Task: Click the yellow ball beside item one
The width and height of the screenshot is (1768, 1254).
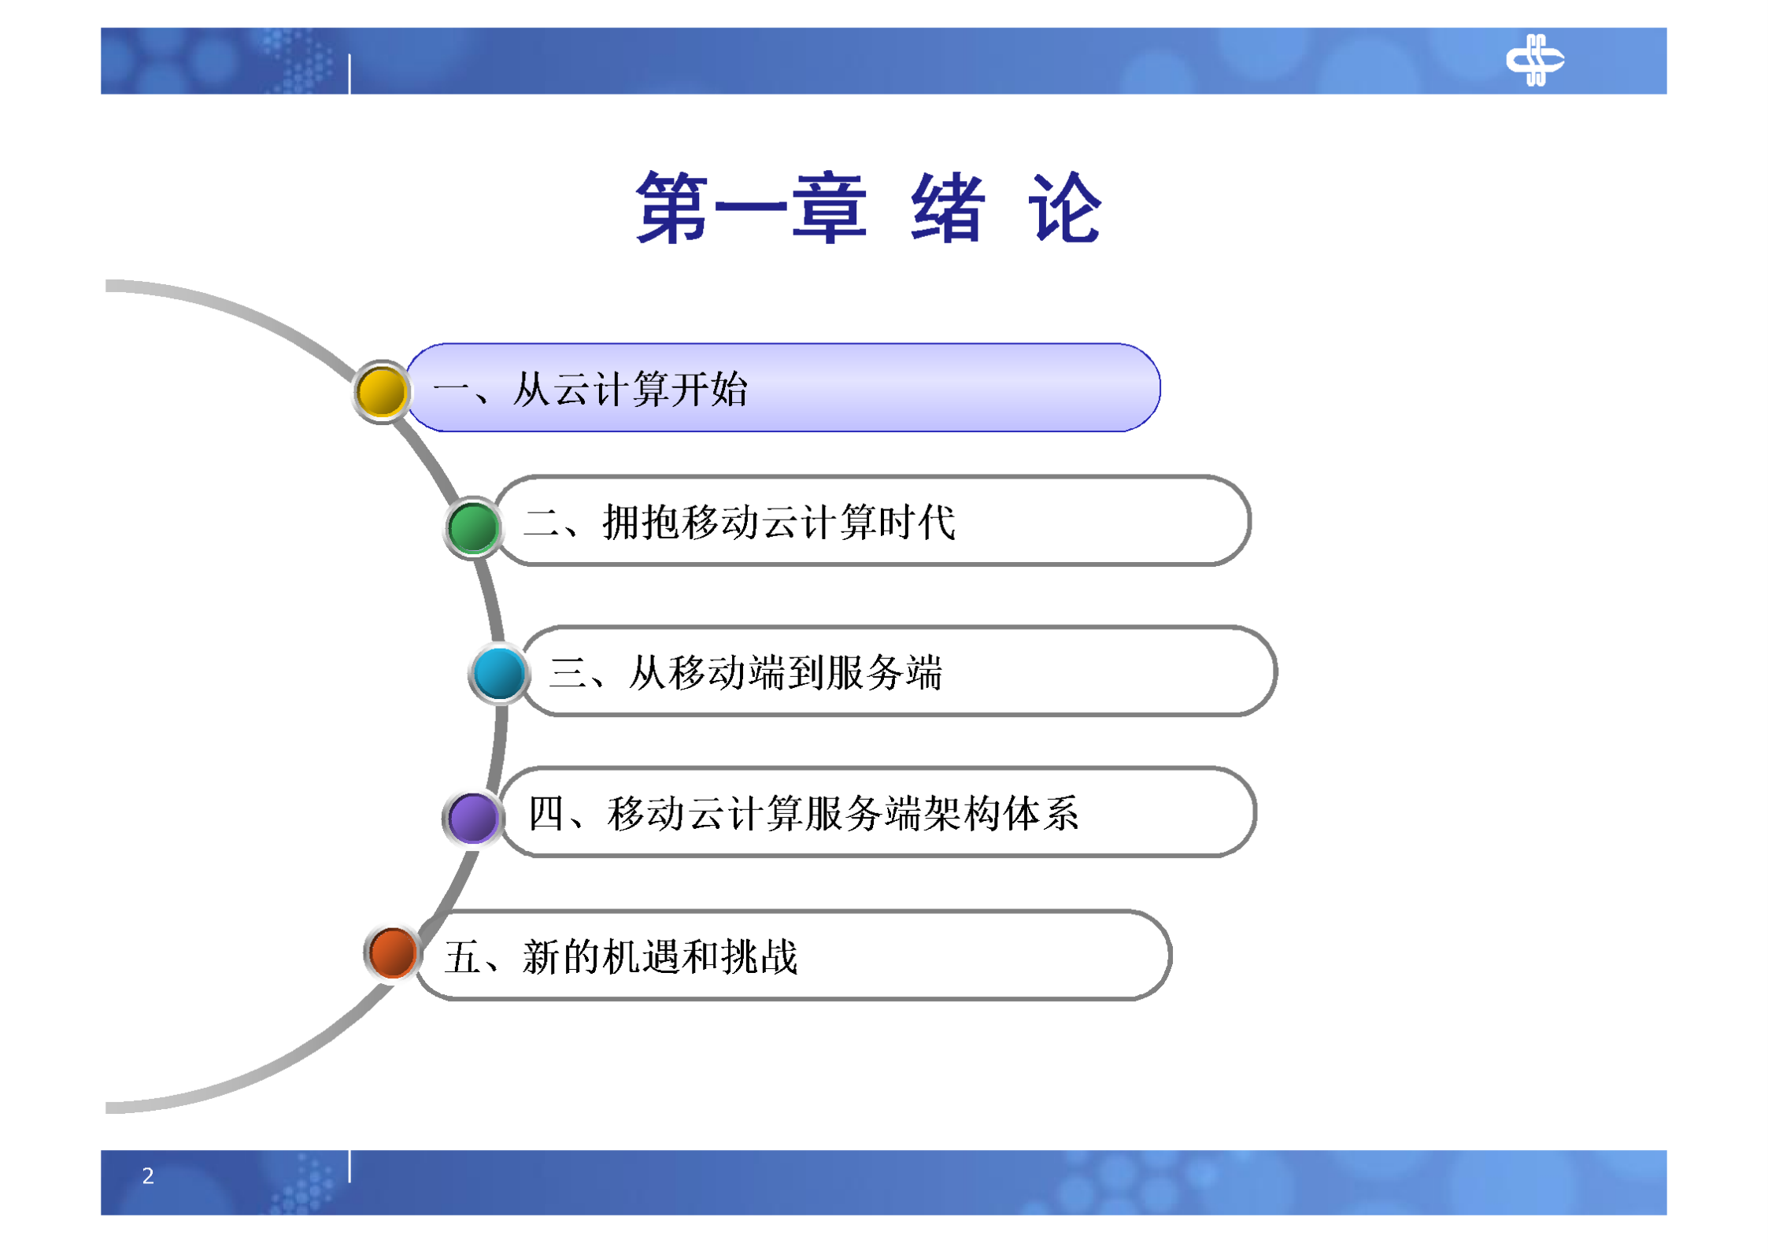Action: (x=382, y=391)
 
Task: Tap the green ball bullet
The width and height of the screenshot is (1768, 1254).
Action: (x=473, y=527)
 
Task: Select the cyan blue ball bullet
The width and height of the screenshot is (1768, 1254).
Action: (x=499, y=673)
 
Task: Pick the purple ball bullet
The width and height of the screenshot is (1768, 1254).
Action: (x=472, y=817)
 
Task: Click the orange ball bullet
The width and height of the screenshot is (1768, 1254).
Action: (x=392, y=953)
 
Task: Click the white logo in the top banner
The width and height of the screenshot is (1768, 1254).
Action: (x=1534, y=60)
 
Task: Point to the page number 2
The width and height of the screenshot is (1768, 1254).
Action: (x=148, y=1175)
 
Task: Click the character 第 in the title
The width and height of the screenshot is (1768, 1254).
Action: (x=671, y=209)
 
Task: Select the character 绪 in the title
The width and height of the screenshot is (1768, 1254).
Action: (x=948, y=209)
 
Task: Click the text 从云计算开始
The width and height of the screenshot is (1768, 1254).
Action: (x=630, y=389)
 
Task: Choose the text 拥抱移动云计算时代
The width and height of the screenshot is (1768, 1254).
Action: (x=779, y=522)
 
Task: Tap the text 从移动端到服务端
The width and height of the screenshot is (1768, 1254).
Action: (x=785, y=672)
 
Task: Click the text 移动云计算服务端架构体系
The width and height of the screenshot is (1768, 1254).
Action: (x=842, y=813)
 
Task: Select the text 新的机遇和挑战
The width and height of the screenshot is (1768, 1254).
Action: (x=660, y=957)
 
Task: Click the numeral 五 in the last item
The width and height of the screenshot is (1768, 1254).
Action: (x=462, y=957)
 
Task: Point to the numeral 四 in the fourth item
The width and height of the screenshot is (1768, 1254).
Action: (x=546, y=813)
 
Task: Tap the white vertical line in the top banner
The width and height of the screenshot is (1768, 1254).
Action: (x=350, y=74)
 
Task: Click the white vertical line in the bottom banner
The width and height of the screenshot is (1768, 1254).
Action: (x=350, y=1166)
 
